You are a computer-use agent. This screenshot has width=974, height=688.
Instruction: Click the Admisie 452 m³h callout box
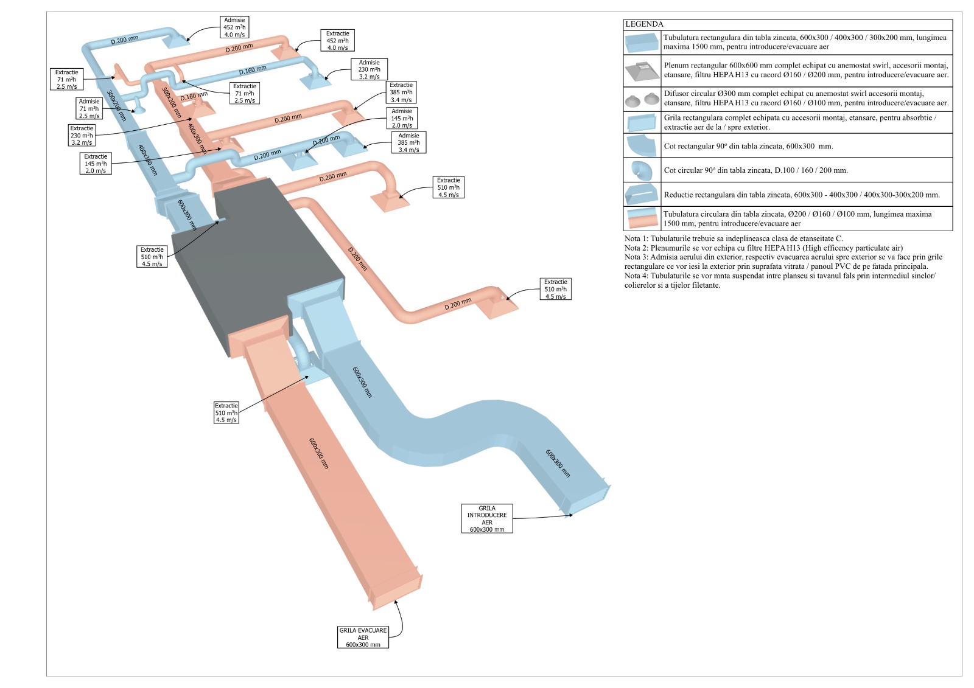click(234, 27)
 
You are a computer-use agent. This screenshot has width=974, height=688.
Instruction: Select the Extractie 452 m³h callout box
click(337, 41)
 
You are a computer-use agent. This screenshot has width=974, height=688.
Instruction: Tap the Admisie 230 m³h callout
click(369, 69)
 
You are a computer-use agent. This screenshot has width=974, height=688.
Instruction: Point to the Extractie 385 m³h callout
click(401, 92)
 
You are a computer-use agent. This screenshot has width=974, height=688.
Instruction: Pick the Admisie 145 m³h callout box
click(402, 118)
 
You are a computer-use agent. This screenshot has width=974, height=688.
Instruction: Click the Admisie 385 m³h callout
click(408, 143)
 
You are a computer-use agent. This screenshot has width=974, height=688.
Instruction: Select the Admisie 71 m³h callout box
click(89, 109)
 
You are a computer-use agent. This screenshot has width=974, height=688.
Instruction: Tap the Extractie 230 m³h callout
click(82, 136)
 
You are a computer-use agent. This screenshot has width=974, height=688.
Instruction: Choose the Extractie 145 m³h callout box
click(96, 164)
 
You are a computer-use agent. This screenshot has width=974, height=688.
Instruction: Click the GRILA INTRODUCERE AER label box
click(487, 519)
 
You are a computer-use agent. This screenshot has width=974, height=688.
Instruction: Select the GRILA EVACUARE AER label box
click(363, 638)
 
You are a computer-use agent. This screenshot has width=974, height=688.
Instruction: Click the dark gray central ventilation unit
click(256, 262)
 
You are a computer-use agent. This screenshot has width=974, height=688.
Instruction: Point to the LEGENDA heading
click(644, 24)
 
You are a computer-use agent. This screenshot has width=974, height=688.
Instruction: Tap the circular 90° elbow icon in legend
click(642, 170)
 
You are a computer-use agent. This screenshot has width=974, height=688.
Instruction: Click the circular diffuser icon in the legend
click(642, 98)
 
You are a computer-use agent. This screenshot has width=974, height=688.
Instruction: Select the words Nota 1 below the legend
click(636, 238)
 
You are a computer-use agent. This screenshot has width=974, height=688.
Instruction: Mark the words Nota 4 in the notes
click(636, 276)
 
